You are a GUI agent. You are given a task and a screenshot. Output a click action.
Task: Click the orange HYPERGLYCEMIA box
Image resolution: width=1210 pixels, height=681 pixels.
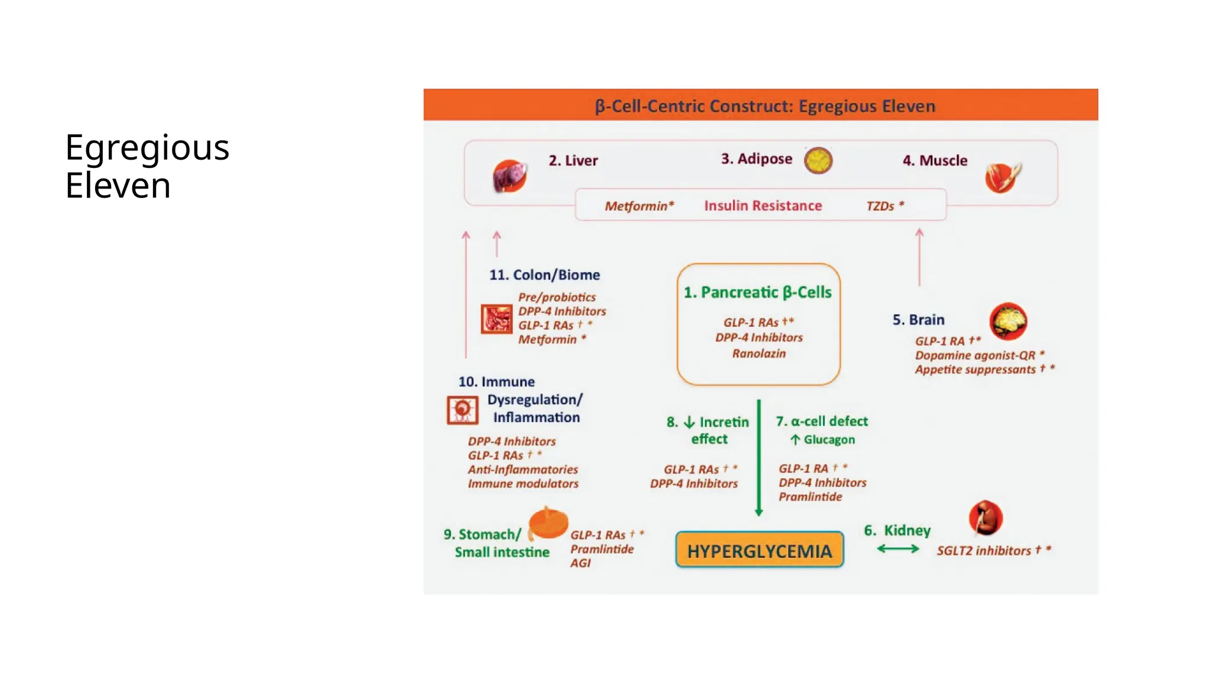coord(759,550)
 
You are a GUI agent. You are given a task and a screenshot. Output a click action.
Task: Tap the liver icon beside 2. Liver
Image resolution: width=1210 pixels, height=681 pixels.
coord(509,176)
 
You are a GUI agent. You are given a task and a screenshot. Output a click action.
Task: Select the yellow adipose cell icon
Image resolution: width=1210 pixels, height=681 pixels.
coord(818,160)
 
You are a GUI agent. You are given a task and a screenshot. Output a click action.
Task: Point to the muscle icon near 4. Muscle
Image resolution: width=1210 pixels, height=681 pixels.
coord(1002,177)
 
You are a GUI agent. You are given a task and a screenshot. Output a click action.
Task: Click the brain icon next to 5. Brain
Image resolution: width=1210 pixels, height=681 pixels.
coord(1008,321)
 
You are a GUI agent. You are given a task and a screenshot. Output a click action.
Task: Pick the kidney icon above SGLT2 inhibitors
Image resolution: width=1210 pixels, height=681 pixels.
coord(985,518)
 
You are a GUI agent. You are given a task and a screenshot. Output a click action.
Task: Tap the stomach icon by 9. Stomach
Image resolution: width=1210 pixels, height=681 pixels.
coord(548,523)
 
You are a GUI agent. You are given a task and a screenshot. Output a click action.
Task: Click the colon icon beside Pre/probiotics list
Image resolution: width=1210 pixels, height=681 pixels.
coord(496,319)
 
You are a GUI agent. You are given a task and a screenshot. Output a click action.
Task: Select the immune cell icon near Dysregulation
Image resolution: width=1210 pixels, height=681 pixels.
coord(462,410)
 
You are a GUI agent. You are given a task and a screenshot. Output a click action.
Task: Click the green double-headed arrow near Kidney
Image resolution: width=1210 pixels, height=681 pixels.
coord(898,549)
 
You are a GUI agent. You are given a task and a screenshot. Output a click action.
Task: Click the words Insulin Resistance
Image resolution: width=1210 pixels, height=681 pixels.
coord(763,206)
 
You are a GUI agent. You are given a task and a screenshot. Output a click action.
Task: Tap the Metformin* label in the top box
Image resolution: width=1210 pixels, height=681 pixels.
coord(639,206)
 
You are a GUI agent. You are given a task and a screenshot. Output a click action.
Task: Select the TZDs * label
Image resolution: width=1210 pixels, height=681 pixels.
coord(884,206)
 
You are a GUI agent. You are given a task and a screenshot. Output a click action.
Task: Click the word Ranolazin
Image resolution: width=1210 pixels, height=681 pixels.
coord(759,354)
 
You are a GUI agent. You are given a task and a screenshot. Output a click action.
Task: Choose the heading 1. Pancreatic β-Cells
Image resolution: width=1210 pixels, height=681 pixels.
coord(757,293)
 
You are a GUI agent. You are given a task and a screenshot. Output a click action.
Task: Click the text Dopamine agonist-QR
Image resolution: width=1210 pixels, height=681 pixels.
coord(975,355)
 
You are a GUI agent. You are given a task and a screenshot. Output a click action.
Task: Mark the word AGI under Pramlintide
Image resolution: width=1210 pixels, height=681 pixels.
coord(580,563)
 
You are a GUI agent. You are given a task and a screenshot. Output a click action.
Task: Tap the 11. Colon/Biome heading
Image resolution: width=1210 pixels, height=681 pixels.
coord(544,275)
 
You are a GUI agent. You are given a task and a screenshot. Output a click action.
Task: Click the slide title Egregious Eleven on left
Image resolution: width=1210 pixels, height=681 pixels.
coord(147,166)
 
